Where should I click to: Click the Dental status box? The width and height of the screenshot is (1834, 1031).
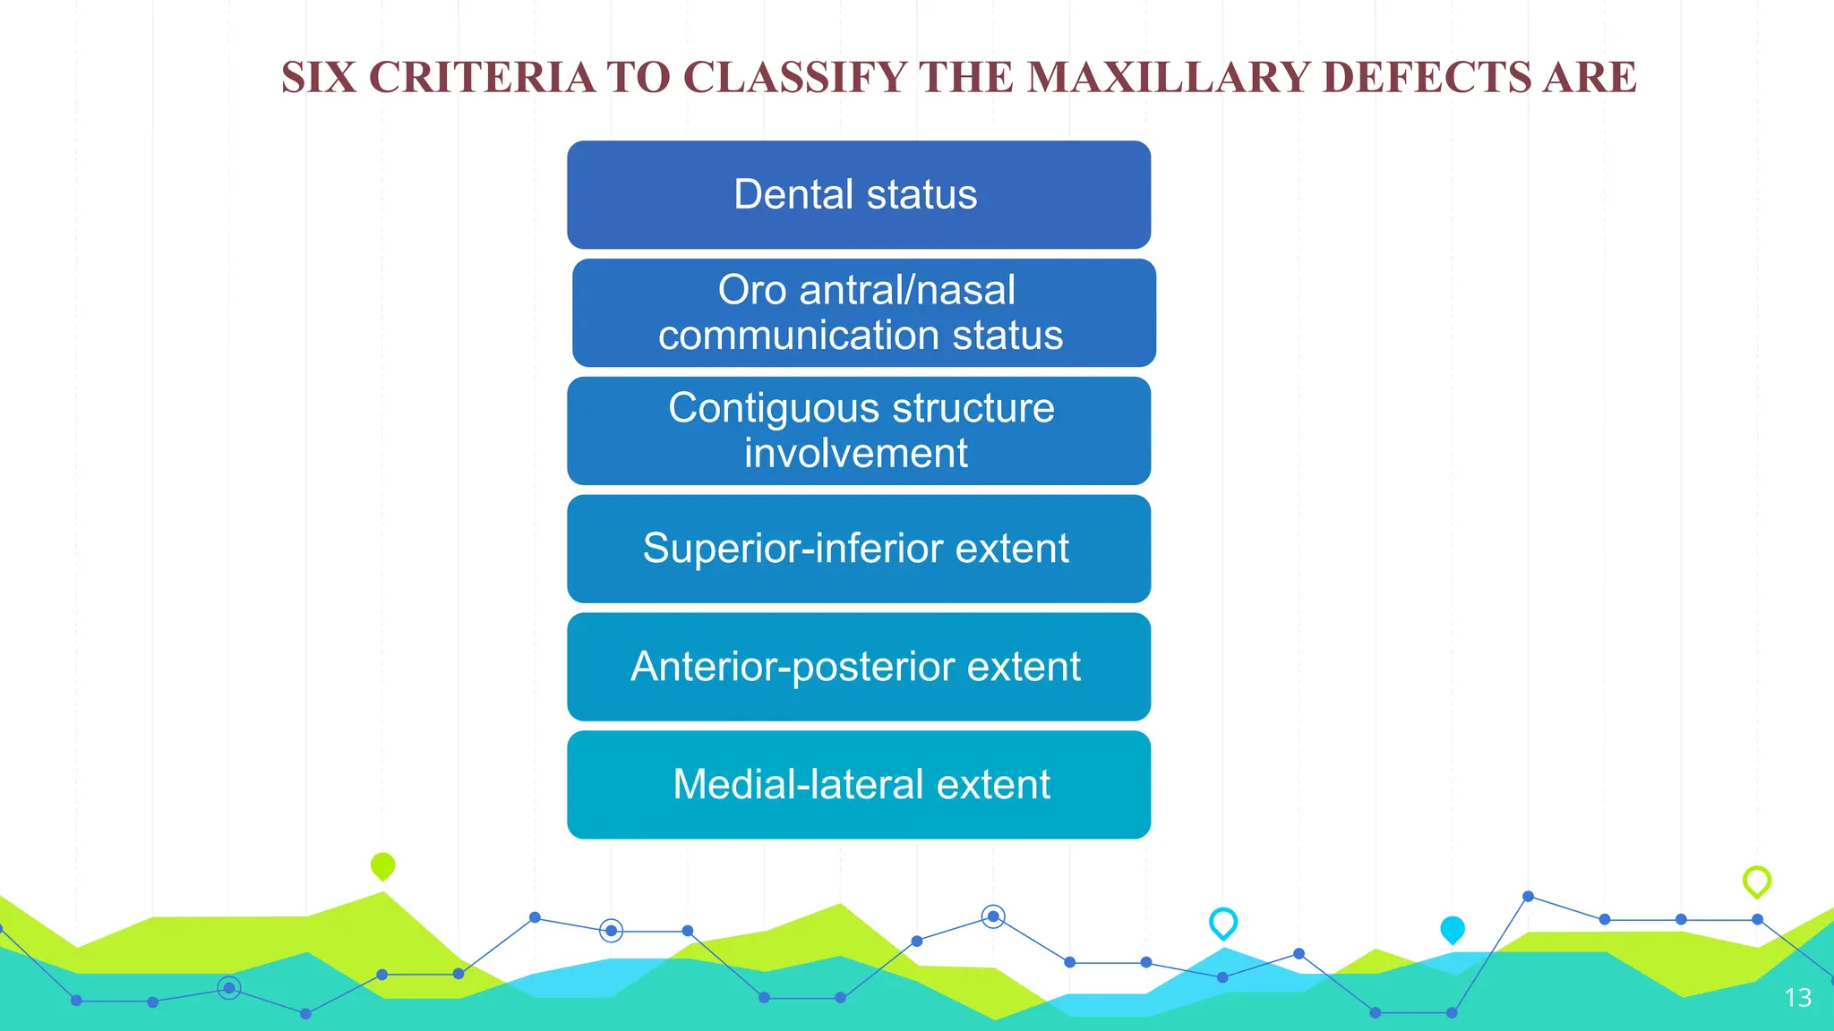(858, 194)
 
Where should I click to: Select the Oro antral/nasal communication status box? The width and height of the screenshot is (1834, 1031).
(863, 312)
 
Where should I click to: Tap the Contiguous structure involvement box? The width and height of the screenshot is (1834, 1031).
(858, 430)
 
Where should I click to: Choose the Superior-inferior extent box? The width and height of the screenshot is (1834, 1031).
(858, 549)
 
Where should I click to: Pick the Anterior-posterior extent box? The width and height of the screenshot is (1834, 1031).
(858, 667)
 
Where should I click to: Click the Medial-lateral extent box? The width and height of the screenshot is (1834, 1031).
(858, 785)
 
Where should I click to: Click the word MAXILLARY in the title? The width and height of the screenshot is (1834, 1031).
(1169, 78)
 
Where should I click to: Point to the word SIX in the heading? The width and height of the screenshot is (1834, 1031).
(318, 78)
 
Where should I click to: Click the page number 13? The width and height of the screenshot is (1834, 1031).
(1797, 997)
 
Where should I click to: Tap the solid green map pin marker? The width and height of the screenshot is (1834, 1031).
(382, 865)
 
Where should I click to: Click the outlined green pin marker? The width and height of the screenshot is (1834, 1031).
(1757, 881)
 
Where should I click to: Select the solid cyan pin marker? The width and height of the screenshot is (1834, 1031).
(1452, 929)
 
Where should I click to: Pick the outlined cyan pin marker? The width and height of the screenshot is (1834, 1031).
(1223, 922)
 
